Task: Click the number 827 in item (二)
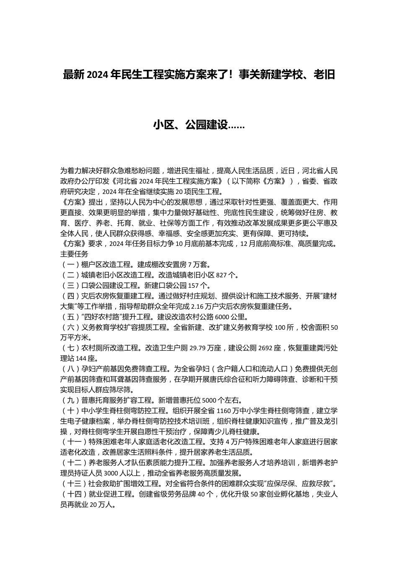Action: click(228, 275)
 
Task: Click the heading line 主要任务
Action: click(74, 254)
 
